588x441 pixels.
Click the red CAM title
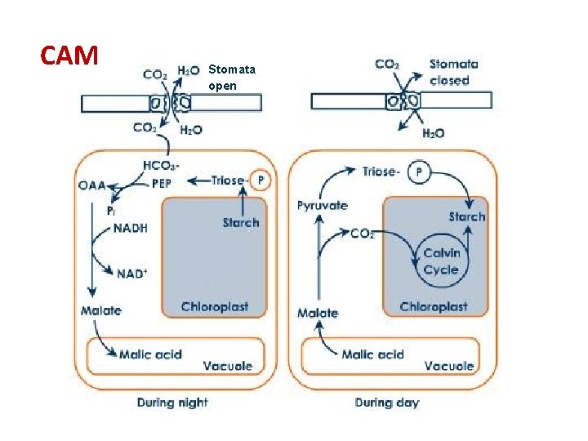pos(69,56)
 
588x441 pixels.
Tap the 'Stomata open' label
pos(231,78)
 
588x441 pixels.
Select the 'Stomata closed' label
pos(453,72)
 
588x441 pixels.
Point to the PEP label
pos(162,183)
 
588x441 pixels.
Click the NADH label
pos(130,229)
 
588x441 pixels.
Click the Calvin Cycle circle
pos(441,261)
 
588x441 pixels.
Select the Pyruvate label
pos(322,206)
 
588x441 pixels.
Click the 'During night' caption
pos(171,403)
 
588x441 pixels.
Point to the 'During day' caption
pos(387,403)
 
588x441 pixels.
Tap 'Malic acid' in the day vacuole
pos(372,354)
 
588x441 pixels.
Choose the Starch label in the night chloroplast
pos(240,222)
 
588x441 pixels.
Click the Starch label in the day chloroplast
pos(466,216)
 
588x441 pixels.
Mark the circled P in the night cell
pos(261,180)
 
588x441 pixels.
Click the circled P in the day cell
pos(419,172)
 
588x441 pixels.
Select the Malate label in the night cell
pos(101,310)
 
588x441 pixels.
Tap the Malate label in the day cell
pos(318,313)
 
